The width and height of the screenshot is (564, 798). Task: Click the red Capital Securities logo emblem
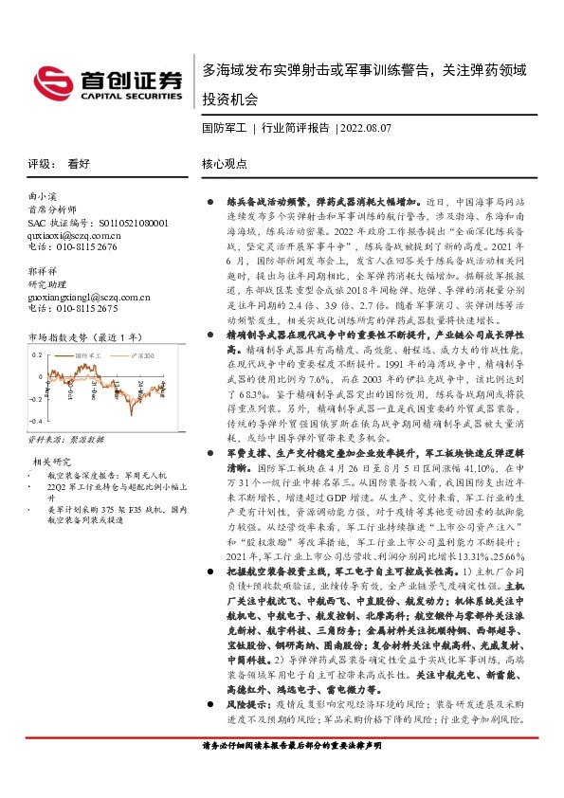point(50,79)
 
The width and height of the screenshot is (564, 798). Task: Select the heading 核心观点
point(225,163)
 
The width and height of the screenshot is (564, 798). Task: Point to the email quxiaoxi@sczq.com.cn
point(73,234)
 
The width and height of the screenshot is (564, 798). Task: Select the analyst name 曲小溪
point(43,197)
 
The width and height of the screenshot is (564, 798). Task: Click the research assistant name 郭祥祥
point(43,272)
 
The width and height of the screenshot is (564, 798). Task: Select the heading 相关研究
point(48,462)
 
